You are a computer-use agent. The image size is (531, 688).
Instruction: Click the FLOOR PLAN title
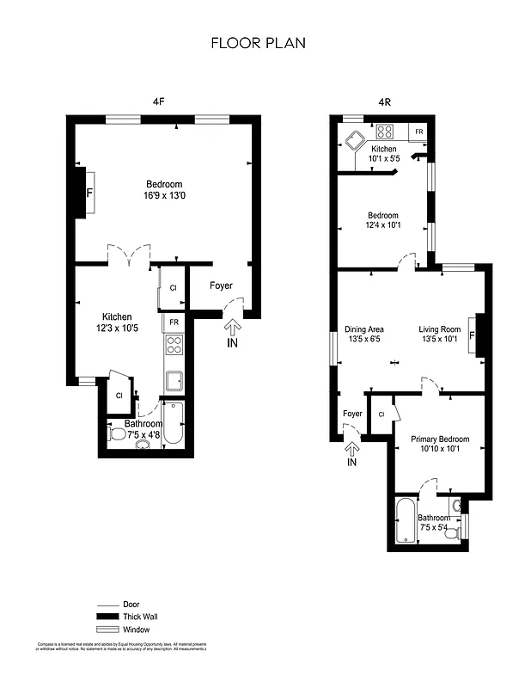(258, 42)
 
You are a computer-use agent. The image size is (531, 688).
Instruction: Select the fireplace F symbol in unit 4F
(88, 191)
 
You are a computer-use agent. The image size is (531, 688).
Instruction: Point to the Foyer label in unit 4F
(221, 286)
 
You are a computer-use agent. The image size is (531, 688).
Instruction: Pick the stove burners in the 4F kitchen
(174, 345)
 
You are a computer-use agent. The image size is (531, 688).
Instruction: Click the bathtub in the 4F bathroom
(173, 423)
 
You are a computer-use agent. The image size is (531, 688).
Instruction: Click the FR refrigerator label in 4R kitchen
(418, 132)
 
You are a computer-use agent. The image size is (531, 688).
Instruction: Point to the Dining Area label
(363, 329)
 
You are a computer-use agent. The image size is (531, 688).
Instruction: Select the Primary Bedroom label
(438, 437)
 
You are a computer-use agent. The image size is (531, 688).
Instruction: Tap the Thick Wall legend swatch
(107, 617)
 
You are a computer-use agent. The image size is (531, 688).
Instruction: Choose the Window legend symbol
(107, 630)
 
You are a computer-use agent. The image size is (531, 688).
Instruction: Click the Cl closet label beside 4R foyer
(381, 415)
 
